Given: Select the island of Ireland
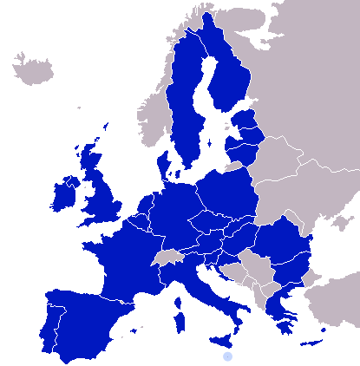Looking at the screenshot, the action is pyautogui.click(x=64, y=195).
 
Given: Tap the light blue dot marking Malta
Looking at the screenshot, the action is pyautogui.click(x=227, y=356).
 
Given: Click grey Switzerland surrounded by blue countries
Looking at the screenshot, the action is pyautogui.click(x=167, y=258).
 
